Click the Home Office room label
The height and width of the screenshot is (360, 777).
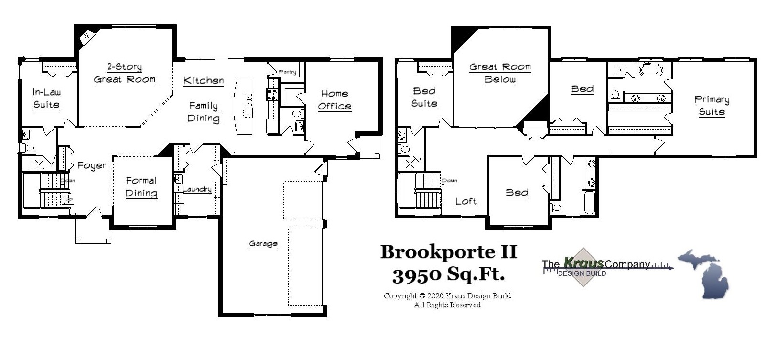pos(335,100)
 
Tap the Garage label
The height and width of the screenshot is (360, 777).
pos(263,244)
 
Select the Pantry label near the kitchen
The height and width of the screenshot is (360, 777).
pos(287,72)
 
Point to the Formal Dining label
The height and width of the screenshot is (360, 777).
pos(141,187)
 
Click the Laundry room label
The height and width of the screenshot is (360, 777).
pos(197,190)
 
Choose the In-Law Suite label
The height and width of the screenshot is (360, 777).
pos(46,98)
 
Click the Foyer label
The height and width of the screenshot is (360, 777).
pos(92,166)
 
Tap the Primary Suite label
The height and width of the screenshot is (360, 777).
pos(712,106)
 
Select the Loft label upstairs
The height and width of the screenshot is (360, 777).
pos(466,201)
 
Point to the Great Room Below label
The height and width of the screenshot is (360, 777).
pos(500,73)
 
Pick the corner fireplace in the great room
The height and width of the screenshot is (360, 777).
pos(86,36)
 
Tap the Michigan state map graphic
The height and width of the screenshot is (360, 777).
pos(704,273)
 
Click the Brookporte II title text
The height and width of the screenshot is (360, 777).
pos(448,252)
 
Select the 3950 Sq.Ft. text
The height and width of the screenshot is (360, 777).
pos(448,275)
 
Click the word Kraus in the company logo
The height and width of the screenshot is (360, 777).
pos(583,262)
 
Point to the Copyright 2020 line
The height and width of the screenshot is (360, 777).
pos(447,296)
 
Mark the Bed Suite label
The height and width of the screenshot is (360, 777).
pos(424,97)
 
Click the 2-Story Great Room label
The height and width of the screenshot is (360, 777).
pos(125,73)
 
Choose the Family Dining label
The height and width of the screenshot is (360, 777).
pos(204,112)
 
